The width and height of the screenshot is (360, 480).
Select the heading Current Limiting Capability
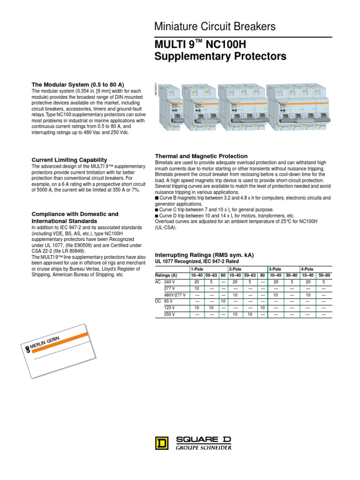click(69, 160)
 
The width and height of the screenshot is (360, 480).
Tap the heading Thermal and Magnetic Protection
click(201, 156)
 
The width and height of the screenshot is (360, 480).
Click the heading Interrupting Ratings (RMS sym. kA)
click(204, 255)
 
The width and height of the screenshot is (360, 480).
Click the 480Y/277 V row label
click(174, 295)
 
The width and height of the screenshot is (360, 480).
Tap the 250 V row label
click(170, 314)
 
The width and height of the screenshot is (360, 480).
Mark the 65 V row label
click(169, 301)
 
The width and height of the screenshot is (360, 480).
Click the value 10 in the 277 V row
click(196, 288)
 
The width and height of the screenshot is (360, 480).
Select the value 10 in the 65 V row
click(223, 301)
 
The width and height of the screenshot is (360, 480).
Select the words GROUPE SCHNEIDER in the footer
click(203, 447)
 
